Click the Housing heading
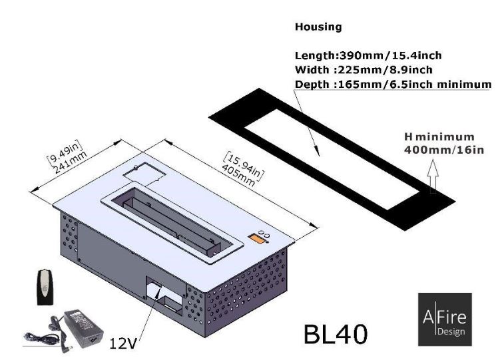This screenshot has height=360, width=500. pyautogui.click(x=318, y=27)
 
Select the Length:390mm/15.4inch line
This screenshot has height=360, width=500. pyautogui.click(x=368, y=55)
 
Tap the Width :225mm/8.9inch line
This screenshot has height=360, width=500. pyautogui.click(x=364, y=69)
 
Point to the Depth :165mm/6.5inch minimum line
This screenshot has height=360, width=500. pyautogui.click(x=393, y=84)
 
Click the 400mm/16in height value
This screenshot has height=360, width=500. pyautogui.click(x=444, y=150)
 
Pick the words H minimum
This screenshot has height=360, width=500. pyautogui.click(x=439, y=137)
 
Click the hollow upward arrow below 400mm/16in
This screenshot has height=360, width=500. pyautogui.click(x=433, y=176)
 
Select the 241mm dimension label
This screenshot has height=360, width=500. pyautogui.click(x=71, y=162)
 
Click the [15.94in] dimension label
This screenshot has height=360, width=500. pyautogui.click(x=244, y=166)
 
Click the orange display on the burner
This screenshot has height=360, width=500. pyautogui.click(x=257, y=239)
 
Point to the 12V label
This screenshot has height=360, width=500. pyautogui.click(x=123, y=343)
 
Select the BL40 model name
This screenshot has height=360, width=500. pyautogui.click(x=336, y=334)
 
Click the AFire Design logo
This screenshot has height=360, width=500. pyautogui.click(x=445, y=319)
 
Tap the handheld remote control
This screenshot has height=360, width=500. pyautogui.click(x=45, y=287)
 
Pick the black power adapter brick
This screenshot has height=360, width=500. pyautogui.click(x=83, y=329)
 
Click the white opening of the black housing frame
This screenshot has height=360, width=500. pyautogui.click(x=332, y=159)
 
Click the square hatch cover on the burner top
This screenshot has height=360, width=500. pyautogui.click(x=144, y=173)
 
